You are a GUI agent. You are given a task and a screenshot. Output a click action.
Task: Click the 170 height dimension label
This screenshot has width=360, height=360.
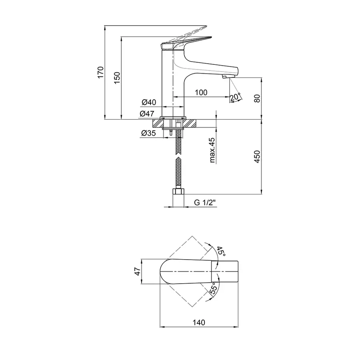pos(100,72)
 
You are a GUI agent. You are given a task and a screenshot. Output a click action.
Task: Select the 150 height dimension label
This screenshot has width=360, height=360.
pos(117,78)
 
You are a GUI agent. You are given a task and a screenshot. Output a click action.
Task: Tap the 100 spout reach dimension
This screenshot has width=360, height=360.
pos(201,92)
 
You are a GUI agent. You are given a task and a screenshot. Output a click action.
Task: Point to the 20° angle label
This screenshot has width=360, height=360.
pos(235,97)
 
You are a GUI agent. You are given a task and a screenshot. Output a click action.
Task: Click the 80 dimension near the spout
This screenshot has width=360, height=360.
pos(257,98)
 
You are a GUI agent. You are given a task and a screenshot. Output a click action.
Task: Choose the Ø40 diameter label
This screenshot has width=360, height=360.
pos(149,102)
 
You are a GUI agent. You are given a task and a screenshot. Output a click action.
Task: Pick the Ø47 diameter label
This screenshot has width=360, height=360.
pos(147,114)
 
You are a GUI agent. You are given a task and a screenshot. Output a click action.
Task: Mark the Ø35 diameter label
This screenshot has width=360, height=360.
pos(148,133)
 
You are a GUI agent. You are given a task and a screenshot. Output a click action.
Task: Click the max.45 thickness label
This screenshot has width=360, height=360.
pos(212,150)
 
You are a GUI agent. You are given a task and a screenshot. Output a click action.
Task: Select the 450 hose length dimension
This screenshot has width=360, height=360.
pos(257,156)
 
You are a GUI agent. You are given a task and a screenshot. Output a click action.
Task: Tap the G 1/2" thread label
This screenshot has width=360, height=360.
pos(205,202)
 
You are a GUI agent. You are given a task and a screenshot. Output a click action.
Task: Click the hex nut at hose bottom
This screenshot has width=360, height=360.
pos(178,192)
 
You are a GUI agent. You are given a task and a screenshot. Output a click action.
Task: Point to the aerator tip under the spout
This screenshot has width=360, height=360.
pos(226,77)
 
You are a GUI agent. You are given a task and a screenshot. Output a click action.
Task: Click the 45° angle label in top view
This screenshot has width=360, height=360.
pos(221,252)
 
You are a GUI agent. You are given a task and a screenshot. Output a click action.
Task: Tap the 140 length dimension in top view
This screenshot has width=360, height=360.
pos(199,322)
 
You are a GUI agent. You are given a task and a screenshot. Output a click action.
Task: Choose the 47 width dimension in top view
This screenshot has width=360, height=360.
pos(137,271)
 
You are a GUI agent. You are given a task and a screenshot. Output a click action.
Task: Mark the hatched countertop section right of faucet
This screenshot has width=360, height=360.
pos(191,123)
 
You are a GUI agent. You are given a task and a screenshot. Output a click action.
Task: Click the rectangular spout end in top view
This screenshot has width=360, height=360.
pos(225,271)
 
